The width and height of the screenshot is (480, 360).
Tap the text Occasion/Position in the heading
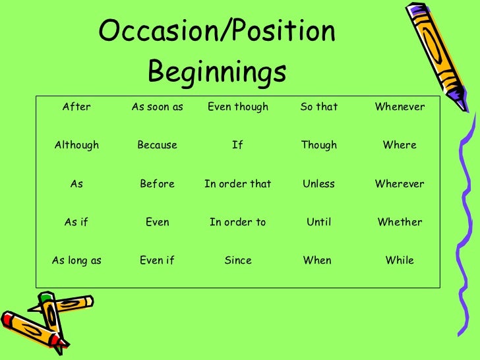[217, 31]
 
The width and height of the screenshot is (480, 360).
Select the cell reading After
[76, 107]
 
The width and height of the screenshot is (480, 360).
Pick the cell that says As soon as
[157, 107]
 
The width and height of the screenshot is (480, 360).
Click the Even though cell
[238, 107]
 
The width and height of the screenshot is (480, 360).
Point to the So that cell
[318, 107]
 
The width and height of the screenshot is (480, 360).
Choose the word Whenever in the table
[400, 107]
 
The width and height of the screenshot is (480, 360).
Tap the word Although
[76, 145]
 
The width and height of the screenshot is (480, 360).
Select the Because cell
[157, 145]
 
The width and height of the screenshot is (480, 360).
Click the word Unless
[318, 184]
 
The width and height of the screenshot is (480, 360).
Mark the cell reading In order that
[238, 184]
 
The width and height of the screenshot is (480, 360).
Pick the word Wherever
[400, 184]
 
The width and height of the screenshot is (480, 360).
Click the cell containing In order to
[238, 222]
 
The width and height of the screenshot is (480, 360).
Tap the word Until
[318, 222]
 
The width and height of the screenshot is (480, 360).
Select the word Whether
[400, 222]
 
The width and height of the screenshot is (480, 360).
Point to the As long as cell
[76, 260]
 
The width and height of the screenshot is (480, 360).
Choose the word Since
[238, 260]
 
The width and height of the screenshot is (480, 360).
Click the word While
[400, 260]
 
